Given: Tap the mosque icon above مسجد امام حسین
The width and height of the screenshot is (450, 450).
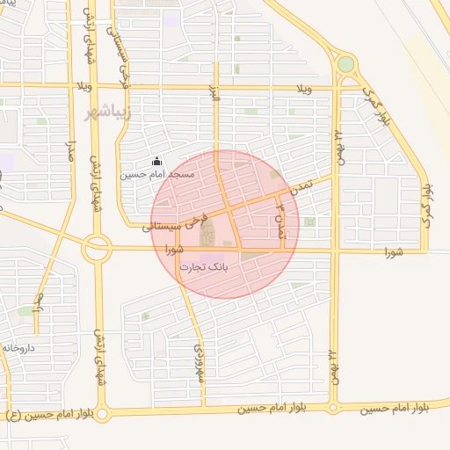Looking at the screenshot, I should [156, 161].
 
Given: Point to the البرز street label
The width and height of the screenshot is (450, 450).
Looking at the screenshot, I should [214, 95].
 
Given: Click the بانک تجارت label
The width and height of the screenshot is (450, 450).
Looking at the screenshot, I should [204, 266].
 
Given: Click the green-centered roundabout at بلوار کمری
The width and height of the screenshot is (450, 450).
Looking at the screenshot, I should [345, 64].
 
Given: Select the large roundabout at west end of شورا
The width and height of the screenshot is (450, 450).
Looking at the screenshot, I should [96, 250].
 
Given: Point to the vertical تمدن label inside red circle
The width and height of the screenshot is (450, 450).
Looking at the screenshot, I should [280, 220].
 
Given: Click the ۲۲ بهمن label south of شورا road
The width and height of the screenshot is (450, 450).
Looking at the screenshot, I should [335, 365].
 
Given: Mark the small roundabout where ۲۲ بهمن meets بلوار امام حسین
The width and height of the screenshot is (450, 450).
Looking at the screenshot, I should [334, 408].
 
